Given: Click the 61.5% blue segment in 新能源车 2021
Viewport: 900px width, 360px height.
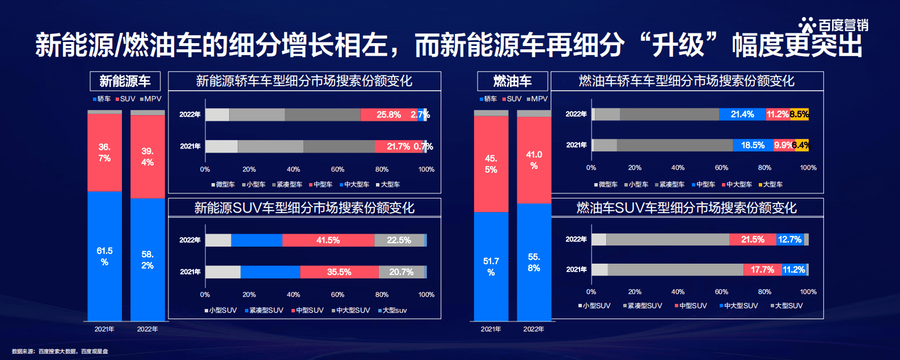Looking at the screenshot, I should point(104,256).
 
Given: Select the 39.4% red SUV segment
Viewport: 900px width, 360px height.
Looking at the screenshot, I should point(147,156).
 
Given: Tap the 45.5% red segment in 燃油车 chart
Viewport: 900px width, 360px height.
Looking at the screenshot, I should point(491,164).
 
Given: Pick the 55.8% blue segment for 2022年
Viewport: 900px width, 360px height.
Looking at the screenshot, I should point(534,262).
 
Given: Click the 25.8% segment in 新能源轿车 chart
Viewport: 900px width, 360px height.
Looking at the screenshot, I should point(388,115).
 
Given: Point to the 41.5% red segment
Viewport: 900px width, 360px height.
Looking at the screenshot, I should point(328,240).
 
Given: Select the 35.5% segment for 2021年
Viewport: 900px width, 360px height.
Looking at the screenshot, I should point(339,272).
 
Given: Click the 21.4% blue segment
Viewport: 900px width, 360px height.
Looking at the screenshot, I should point(742,115).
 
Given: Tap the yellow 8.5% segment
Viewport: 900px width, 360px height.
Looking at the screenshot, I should point(799,115).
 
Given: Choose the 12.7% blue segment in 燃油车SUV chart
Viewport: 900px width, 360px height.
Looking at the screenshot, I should point(790,240).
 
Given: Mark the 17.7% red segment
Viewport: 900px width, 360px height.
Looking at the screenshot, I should point(762,270).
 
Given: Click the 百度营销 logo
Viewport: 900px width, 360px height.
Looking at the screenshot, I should point(834,25).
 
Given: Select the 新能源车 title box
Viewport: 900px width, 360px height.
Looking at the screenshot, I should point(125,81).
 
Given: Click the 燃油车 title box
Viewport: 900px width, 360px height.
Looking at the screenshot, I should point(512,81).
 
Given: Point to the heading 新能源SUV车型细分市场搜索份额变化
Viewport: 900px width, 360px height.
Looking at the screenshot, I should point(305,208).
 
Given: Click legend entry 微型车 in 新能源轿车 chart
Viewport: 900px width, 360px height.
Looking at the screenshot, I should point(225,184).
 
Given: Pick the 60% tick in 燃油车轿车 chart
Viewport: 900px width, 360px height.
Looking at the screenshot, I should point(721,168).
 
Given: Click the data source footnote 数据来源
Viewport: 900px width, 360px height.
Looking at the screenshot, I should point(60,351).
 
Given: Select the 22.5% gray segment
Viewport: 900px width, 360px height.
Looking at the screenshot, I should point(399,240).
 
